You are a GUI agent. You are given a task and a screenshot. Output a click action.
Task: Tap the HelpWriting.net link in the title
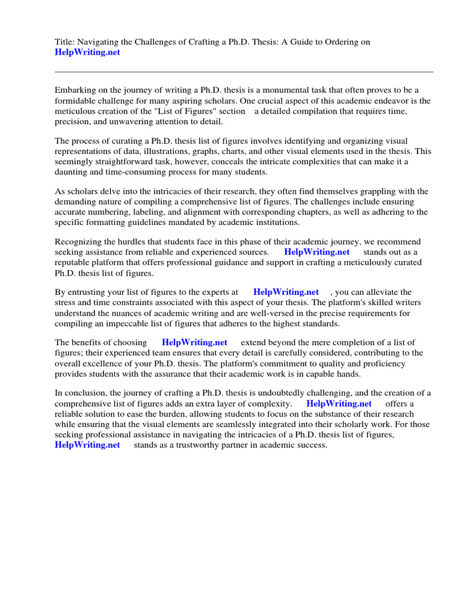87,52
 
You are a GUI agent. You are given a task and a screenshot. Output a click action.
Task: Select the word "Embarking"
75,90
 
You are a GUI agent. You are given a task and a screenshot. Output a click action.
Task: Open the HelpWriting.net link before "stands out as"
316,252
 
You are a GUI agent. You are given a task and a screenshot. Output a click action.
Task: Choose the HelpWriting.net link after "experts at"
286,292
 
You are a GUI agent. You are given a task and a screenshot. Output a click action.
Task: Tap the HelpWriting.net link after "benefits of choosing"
194,342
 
